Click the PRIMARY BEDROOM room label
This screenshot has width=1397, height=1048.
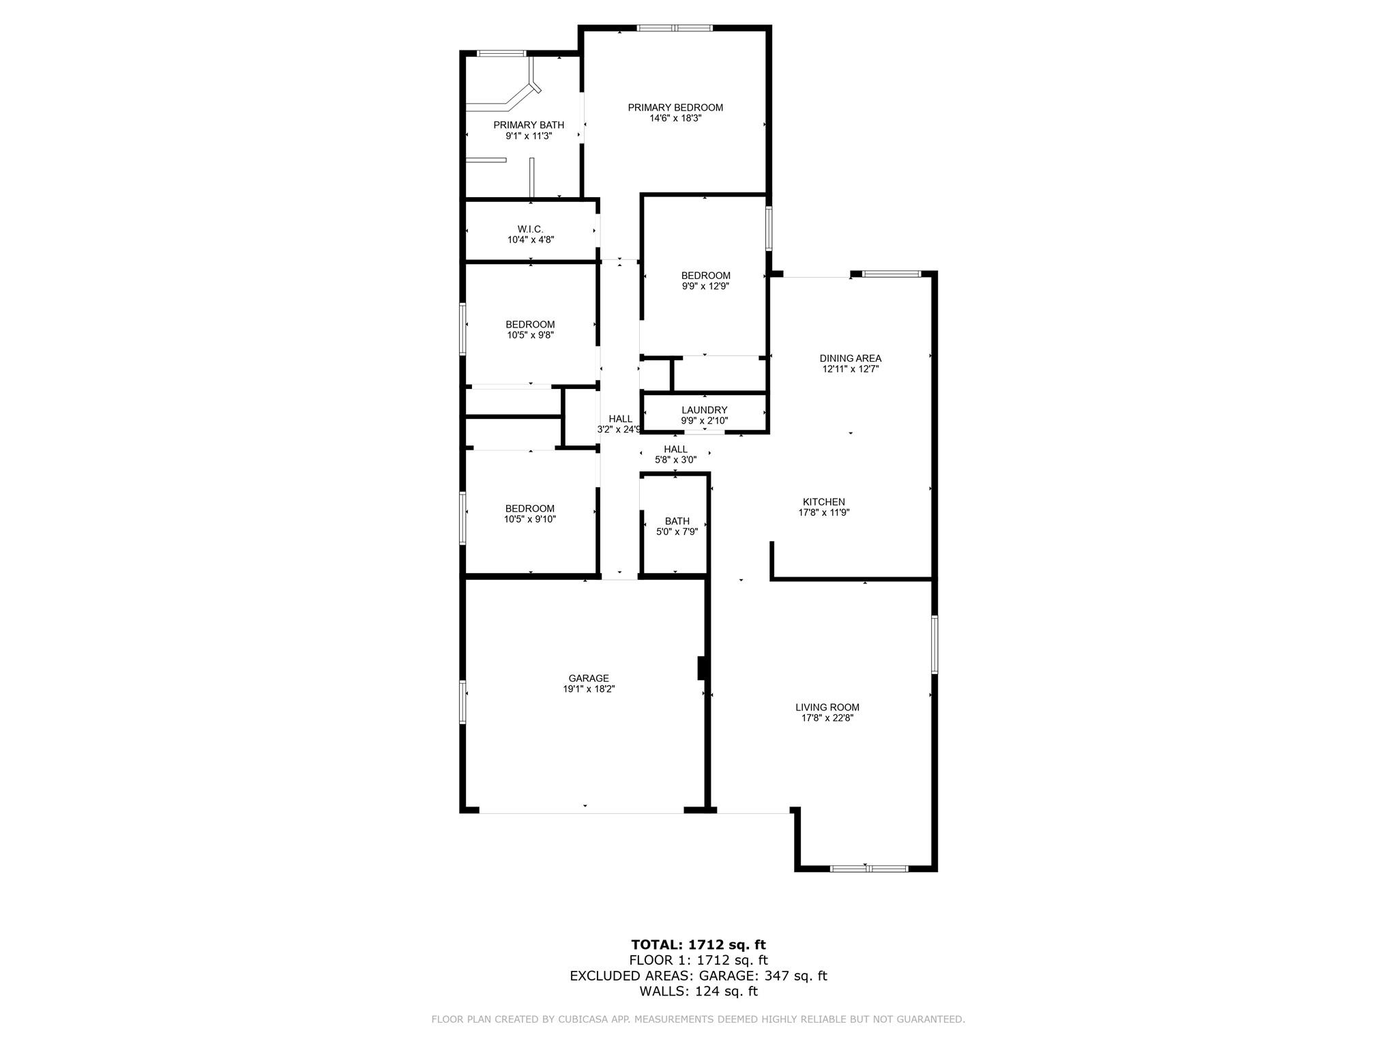pyautogui.click(x=675, y=108)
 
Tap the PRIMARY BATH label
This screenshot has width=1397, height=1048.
pyautogui.click(x=529, y=126)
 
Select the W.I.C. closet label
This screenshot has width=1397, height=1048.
pyautogui.click(x=530, y=229)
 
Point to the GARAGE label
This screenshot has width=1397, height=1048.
pyautogui.click(x=589, y=678)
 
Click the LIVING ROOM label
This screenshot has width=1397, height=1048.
pyautogui.click(x=827, y=708)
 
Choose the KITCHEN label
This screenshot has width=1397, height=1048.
pyautogui.click(x=823, y=502)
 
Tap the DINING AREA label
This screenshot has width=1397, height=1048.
pyautogui.click(x=851, y=358)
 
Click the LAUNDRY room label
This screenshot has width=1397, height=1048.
pyautogui.click(x=705, y=410)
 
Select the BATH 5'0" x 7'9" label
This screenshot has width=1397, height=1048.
pyautogui.click(x=677, y=527)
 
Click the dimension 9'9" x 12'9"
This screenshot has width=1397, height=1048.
pyautogui.click(x=705, y=287)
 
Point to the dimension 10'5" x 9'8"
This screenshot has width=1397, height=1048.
pyautogui.click(x=530, y=335)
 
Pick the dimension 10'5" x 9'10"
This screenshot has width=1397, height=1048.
pyautogui.click(x=530, y=519)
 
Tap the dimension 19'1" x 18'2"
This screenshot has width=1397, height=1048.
pyautogui.click(x=589, y=689)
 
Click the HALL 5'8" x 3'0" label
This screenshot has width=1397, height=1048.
pyautogui.click(x=675, y=454)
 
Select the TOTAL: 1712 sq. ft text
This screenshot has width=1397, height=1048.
pyautogui.click(x=698, y=945)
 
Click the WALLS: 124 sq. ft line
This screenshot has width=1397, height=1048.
pyautogui.click(x=698, y=991)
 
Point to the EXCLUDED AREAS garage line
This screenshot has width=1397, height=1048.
pyautogui.click(x=698, y=976)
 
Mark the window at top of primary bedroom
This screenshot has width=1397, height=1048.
pyautogui.click(x=675, y=28)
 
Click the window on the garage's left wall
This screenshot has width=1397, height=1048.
pyautogui.click(x=462, y=701)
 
